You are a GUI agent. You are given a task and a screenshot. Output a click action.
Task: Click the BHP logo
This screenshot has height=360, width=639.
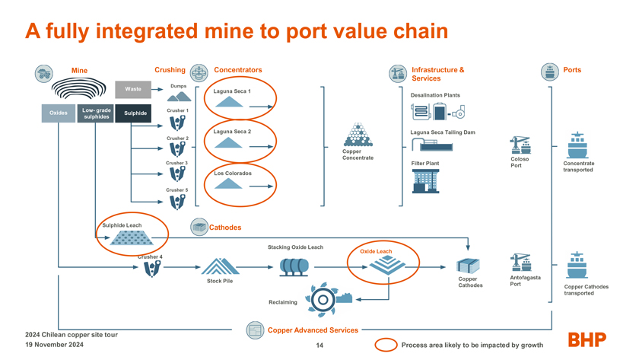[587, 339]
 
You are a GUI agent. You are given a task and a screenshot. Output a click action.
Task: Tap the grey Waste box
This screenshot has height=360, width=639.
[133, 89]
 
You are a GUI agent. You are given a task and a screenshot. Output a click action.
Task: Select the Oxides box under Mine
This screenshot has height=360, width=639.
[58, 113]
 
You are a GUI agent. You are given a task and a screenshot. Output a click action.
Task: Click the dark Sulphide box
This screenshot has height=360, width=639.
[135, 113]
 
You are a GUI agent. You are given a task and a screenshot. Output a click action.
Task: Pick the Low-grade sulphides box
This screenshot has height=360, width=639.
[96, 113]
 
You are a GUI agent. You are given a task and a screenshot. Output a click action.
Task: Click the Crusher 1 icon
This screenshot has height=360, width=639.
[177, 123]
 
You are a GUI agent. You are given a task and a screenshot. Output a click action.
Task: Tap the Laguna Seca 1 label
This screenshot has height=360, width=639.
[232, 91]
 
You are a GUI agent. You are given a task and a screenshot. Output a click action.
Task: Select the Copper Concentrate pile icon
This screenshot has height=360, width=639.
[358, 135]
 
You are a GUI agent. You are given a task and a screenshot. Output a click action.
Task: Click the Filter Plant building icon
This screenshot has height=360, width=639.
[426, 180]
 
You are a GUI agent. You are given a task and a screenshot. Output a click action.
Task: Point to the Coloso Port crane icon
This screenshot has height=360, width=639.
[520, 145]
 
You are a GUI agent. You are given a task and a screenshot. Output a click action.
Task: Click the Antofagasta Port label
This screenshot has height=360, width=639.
[525, 281]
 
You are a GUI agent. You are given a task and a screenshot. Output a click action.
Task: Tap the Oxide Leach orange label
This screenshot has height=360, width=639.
[376, 251]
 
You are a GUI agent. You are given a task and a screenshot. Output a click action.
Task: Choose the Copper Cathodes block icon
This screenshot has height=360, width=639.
[469, 266]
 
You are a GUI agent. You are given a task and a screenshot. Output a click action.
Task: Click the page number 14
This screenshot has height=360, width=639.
[319, 346]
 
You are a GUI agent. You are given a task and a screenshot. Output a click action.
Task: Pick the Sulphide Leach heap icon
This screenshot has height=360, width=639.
[128, 238]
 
